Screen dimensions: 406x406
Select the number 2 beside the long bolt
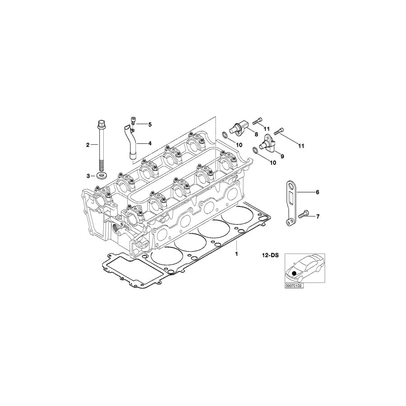point(88,145)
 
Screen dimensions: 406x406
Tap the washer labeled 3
point(101,175)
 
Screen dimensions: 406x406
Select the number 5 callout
point(150,124)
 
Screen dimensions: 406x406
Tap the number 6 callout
point(317,192)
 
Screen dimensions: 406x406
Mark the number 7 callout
point(318,217)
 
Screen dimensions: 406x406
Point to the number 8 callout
point(256,134)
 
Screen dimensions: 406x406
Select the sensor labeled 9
point(268,143)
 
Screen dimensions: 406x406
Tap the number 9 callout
point(282,156)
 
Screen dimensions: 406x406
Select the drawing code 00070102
point(294,286)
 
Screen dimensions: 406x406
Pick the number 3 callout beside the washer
point(88,175)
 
